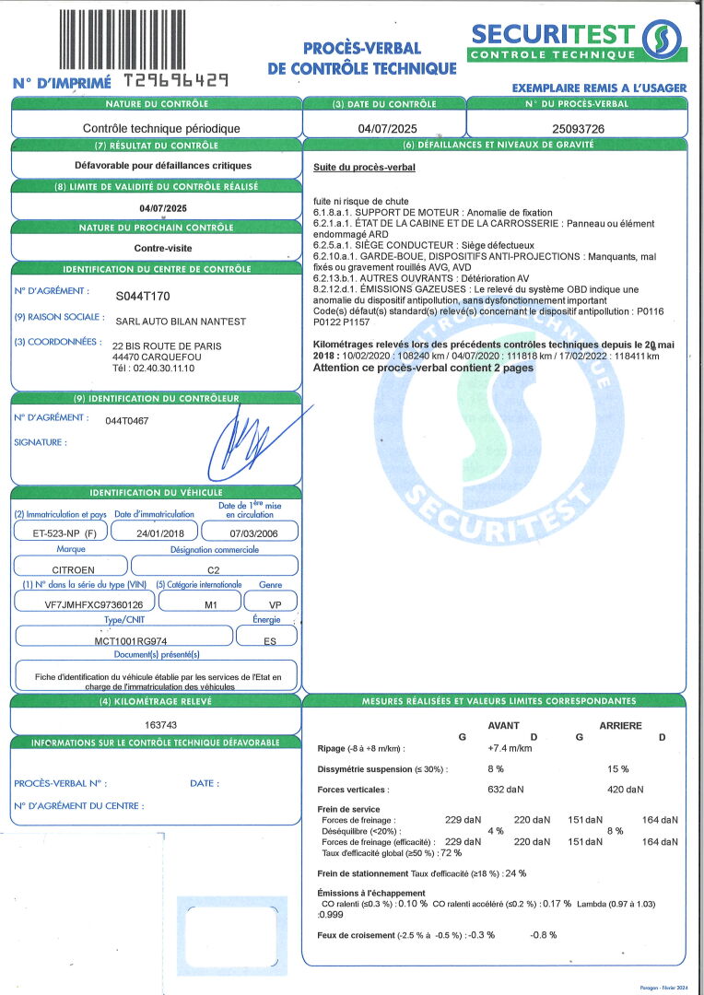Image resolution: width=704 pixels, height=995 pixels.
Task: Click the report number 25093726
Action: click(578, 129)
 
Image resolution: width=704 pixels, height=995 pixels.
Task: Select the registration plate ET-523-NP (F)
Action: click(58, 533)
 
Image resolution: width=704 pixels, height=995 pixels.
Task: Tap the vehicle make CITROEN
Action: click(71, 569)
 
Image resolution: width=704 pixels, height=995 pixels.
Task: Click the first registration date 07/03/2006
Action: click(248, 533)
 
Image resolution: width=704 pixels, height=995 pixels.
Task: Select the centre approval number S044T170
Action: click(143, 296)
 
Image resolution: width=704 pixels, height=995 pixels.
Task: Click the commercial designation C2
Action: click(214, 569)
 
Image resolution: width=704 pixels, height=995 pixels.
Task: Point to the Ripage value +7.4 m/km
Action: click(510, 747)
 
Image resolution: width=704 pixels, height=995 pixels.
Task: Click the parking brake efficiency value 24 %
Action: click(515, 873)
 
